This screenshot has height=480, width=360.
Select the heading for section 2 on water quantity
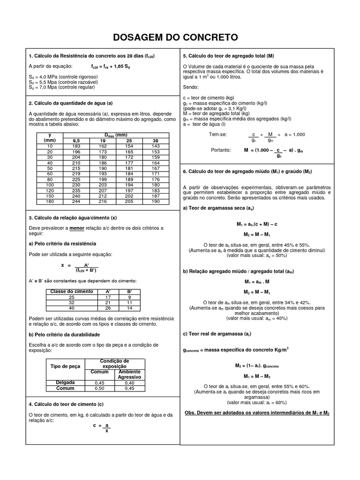[71, 103]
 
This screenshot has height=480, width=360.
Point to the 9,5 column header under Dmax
[76, 140]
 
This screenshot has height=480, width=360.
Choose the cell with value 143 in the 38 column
[156, 146]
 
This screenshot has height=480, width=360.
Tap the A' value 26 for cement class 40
[107, 308]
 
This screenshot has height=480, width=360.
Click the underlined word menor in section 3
[77, 228]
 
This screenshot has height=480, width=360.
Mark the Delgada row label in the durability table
[65, 382]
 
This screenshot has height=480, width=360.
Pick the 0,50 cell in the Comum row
[99, 388]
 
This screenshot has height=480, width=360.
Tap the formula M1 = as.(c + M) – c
[256, 225]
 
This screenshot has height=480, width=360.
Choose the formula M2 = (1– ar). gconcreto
[256, 365]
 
